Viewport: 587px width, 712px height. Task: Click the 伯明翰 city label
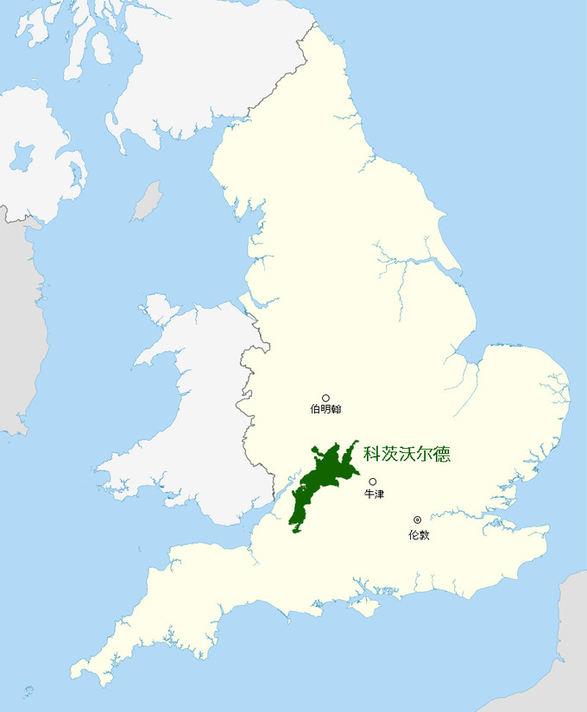(x=325, y=409)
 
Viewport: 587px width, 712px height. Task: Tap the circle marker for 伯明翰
(x=325, y=398)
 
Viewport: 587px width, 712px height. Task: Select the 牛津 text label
(x=373, y=495)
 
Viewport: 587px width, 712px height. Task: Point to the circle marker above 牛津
(x=373, y=482)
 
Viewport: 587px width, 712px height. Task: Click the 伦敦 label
(x=418, y=535)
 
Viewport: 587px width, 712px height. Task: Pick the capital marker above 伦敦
(x=418, y=520)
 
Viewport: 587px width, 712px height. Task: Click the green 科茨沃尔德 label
(x=407, y=453)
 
